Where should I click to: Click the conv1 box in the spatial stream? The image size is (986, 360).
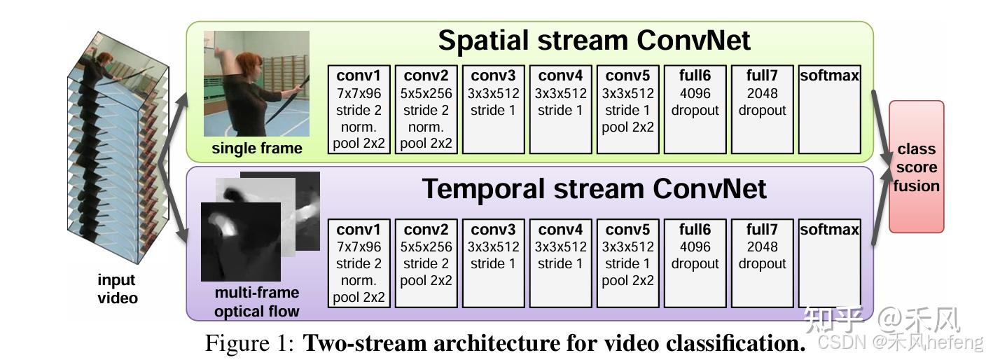click(x=359, y=109)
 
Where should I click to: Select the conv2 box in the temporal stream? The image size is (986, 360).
click(x=426, y=263)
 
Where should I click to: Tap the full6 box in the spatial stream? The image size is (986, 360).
click(x=695, y=109)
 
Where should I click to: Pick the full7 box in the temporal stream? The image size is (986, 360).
click(x=762, y=263)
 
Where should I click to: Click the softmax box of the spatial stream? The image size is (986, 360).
click(x=829, y=109)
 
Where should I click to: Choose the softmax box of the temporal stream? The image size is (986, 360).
click(x=829, y=263)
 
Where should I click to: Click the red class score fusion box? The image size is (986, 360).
click(x=916, y=167)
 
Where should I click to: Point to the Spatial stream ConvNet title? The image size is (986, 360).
click(x=594, y=41)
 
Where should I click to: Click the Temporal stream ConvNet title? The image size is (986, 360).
click(x=594, y=189)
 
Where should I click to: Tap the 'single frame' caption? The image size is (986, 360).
click(x=256, y=148)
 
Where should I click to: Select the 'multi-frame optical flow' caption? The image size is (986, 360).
click(x=256, y=302)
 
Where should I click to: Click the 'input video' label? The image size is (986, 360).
click(x=117, y=289)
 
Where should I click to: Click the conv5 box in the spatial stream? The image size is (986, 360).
click(x=627, y=109)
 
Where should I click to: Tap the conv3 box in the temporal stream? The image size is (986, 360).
click(x=493, y=263)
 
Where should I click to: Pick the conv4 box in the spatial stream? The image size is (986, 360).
click(x=560, y=109)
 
